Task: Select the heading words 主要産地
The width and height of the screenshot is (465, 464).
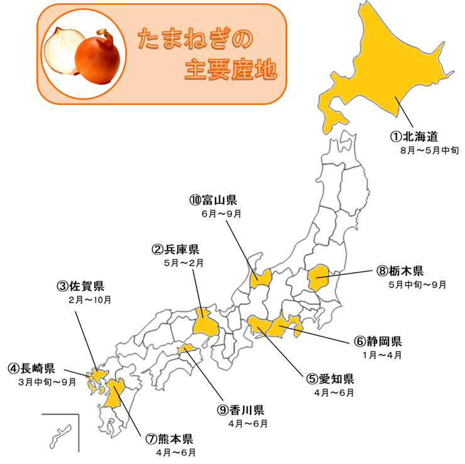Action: tap(231, 70)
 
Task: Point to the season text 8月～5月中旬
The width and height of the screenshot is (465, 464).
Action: tap(430, 151)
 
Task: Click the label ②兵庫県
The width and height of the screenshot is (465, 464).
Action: tap(175, 250)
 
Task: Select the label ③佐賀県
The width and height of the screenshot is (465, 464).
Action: tap(80, 286)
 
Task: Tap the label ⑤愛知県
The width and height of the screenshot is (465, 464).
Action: tap(331, 379)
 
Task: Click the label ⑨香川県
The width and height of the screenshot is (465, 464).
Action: tap(241, 410)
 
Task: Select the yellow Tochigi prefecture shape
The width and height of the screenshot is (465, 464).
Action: tap(319, 276)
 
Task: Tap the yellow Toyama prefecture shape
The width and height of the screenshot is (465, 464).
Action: tap(261, 278)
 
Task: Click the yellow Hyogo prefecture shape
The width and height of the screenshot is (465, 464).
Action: tap(204, 323)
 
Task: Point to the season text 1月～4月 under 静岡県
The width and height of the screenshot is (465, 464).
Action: tap(381, 355)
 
